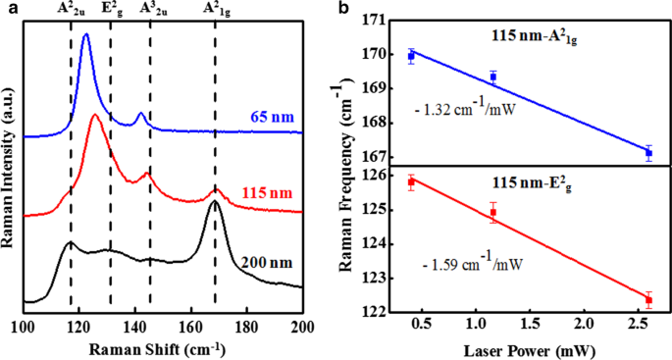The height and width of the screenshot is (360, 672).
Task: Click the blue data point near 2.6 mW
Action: [648, 153]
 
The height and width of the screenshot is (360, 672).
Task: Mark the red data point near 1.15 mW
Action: [493, 212]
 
